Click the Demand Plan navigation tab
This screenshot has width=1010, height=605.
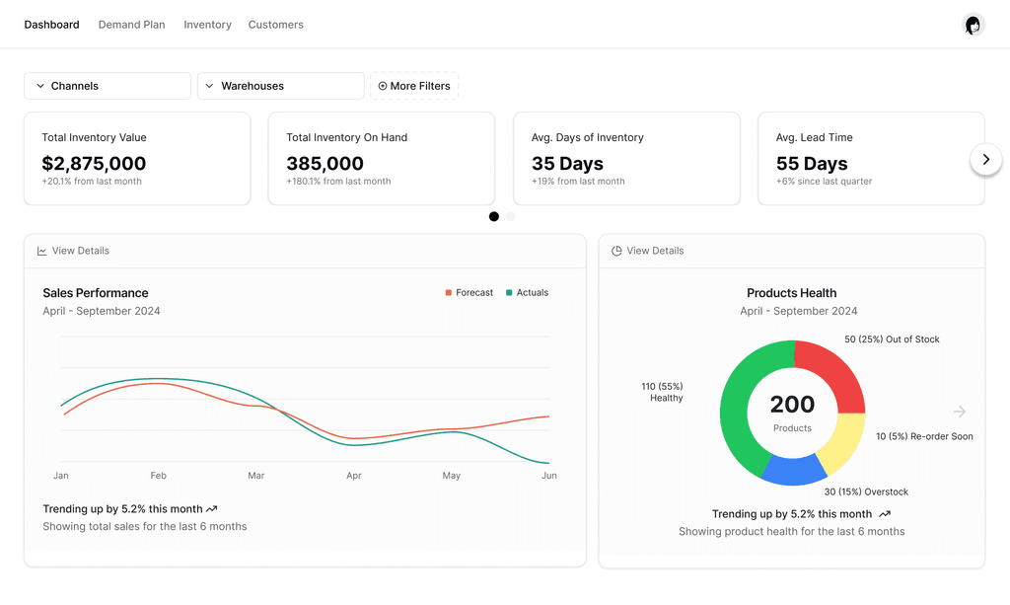click(131, 25)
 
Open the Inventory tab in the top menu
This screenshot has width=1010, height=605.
click(207, 25)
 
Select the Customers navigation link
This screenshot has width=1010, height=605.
click(276, 25)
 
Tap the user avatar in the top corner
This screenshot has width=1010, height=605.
click(974, 25)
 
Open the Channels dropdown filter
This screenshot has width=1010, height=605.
click(108, 86)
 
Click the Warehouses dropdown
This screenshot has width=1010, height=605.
click(281, 86)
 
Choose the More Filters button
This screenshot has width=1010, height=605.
click(414, 86)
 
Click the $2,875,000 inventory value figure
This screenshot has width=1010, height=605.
click(94, 164)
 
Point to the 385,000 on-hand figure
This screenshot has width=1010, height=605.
click(325, 164)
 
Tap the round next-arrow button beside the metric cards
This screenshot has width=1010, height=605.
click(985, 159)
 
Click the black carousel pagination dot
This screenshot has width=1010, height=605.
click(494, 216)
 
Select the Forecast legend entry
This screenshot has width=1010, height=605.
click(469, 292)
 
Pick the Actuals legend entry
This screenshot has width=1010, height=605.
click(528, 292)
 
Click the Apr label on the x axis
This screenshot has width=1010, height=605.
click(354, 476)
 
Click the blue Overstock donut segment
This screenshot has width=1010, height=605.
click(794, 471)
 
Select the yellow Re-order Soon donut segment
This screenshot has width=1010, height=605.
click(845, 443)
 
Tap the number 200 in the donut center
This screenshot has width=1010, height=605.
click(792, 404)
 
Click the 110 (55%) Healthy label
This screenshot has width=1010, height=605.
click(662, 392)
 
